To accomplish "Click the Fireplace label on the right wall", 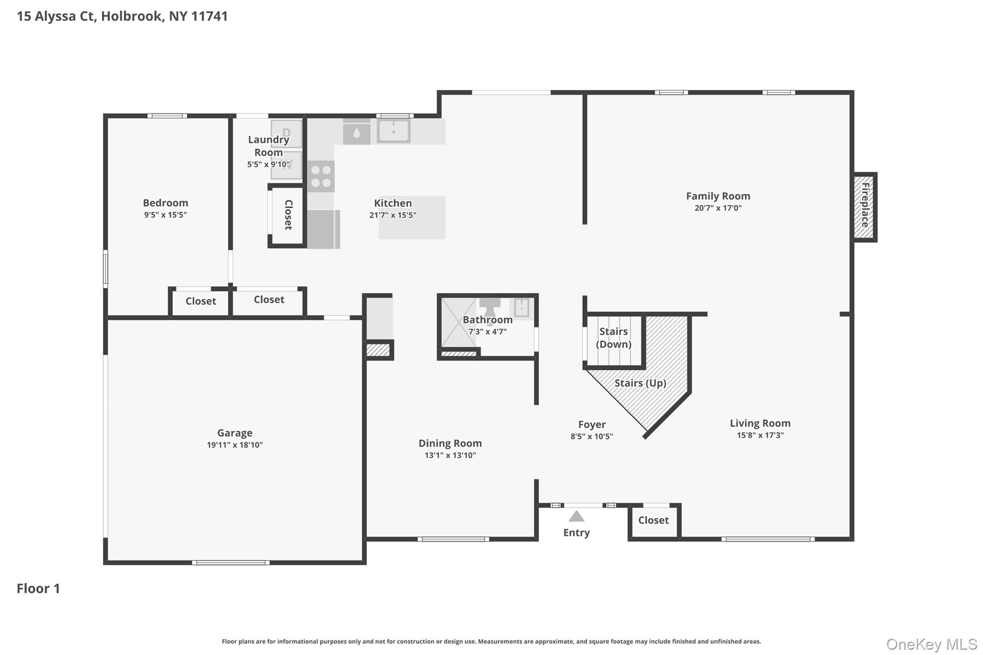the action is point(865,205).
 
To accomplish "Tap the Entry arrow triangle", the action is point(576,517).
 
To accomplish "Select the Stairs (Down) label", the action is point(613,338).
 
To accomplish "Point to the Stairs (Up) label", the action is point(640,383).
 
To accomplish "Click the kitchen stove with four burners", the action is point(321,176).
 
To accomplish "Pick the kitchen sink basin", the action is point(394,131).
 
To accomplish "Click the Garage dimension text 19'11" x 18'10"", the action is point(235,445).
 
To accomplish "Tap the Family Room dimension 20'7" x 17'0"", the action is point(718,208).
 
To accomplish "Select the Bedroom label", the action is point(166,202).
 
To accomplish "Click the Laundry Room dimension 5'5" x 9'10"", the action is point(268,164).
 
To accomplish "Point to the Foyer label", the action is point(592,424).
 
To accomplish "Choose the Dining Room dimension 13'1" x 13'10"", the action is point(450,455).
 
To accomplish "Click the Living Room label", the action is point(760,423).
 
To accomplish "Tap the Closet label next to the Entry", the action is point(653,520).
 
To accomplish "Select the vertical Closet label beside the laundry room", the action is point(288,214).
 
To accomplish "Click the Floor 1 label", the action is point(38,588).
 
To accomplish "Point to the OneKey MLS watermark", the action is point(932,644).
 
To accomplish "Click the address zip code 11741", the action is point(209,16).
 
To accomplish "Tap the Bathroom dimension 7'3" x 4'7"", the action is point(488,332).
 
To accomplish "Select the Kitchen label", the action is point(393,203).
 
